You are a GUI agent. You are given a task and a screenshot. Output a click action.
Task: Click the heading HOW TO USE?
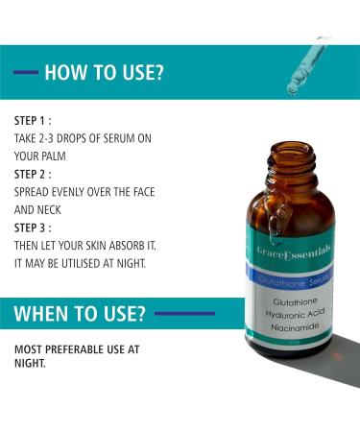(104, 73)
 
